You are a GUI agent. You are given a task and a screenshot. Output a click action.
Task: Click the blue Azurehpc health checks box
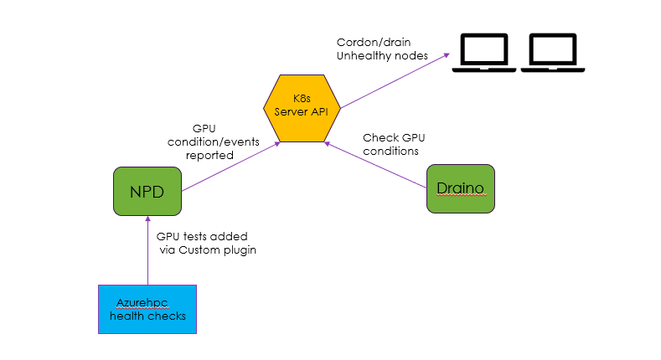click(x=147, y=309)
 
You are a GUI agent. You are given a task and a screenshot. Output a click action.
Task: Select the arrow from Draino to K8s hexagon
click(x=377, y=164)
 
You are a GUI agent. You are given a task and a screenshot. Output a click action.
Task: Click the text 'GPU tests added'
click(x=202, y=237)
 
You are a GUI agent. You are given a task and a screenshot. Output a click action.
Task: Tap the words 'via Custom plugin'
click(x=206, y=250)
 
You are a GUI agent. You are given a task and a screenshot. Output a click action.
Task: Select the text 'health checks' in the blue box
click(x=147, y=316)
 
